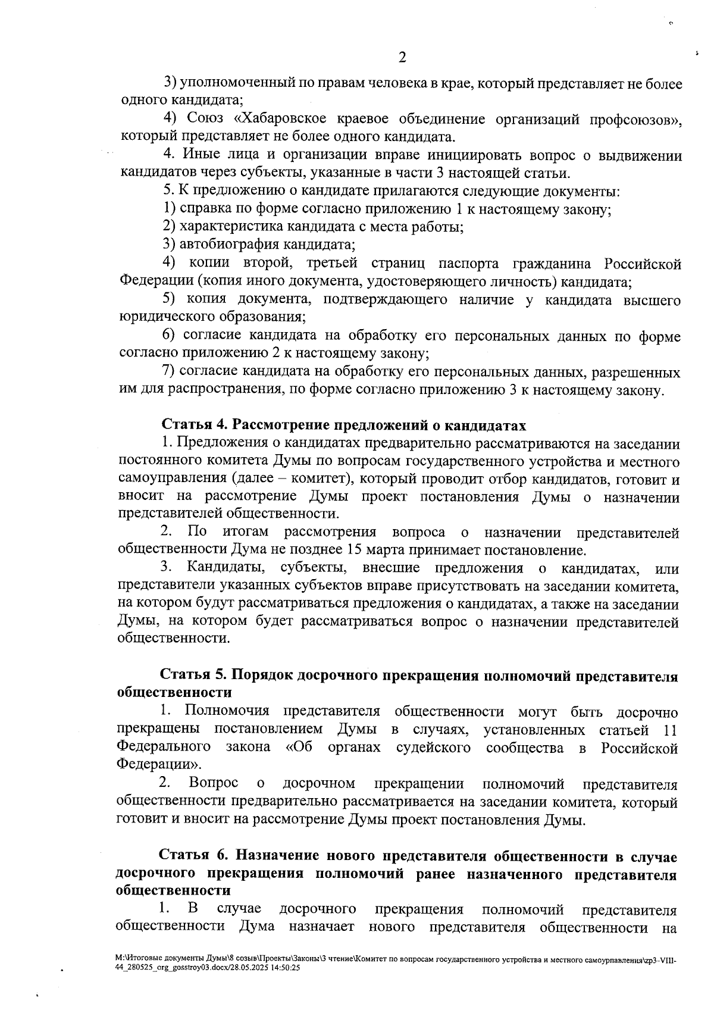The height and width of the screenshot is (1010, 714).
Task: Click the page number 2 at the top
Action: (402, 58)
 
